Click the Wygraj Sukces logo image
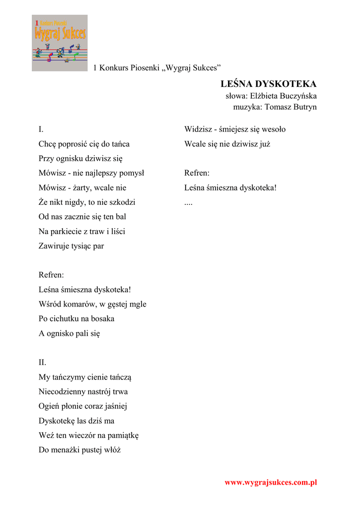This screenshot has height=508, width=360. (60, 43)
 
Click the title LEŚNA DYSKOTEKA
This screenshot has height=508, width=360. (268, 84)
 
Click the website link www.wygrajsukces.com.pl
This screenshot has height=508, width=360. (271, 482)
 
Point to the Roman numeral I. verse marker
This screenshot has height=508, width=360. (41, 129)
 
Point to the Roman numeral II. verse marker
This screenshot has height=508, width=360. (43, 363)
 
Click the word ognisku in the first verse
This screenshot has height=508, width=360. (69, 159)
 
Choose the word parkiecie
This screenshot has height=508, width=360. (68, 231)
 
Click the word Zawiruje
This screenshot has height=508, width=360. (55, 246)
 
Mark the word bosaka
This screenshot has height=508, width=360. (103, 319)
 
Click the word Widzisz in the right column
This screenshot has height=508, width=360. (198, 129)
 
